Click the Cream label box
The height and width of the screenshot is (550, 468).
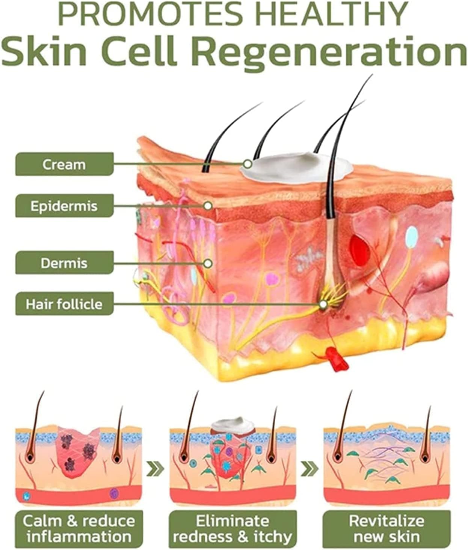(x=64, y=164)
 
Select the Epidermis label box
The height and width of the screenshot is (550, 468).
(x=64, y=206)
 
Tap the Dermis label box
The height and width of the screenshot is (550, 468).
(x=64, y=263)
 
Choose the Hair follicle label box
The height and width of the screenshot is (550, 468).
(x=64, y=304)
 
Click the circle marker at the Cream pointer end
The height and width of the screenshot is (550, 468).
(x=248, y=164)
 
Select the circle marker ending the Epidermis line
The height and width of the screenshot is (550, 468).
(x=208, y=205)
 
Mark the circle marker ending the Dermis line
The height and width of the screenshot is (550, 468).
(x=208, y=263)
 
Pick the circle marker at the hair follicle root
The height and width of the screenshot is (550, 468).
(x=323, y=304)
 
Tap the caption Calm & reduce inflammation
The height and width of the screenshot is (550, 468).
(x=79, y=528)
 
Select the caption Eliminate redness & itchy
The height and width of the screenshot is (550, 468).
(x=233, y=528)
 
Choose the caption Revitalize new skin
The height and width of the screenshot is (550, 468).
(x=387, y=528)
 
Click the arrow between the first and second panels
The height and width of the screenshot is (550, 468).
(x=155, y=468)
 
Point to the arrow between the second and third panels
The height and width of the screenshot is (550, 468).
(x=310, y=468)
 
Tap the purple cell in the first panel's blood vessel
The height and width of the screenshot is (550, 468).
(x=114, y=493)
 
